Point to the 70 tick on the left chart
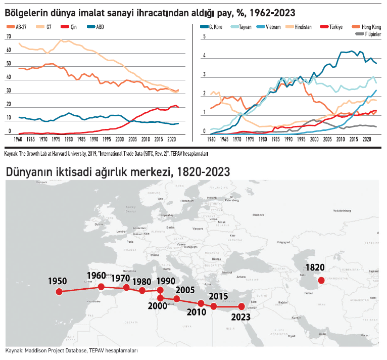click(8, 37)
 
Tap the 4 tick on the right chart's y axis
click(204, 56)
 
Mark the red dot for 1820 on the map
click(320, 280)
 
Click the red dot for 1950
click(59, 292)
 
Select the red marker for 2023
click(241, 306)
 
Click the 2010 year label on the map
click(197, 312)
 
